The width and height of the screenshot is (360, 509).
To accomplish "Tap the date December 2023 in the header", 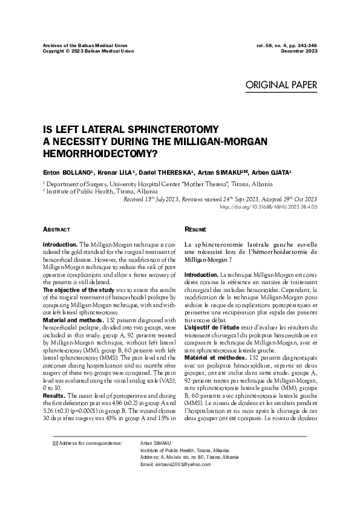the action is pos(299,51).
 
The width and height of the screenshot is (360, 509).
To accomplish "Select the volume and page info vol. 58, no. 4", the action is pos(275,45).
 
